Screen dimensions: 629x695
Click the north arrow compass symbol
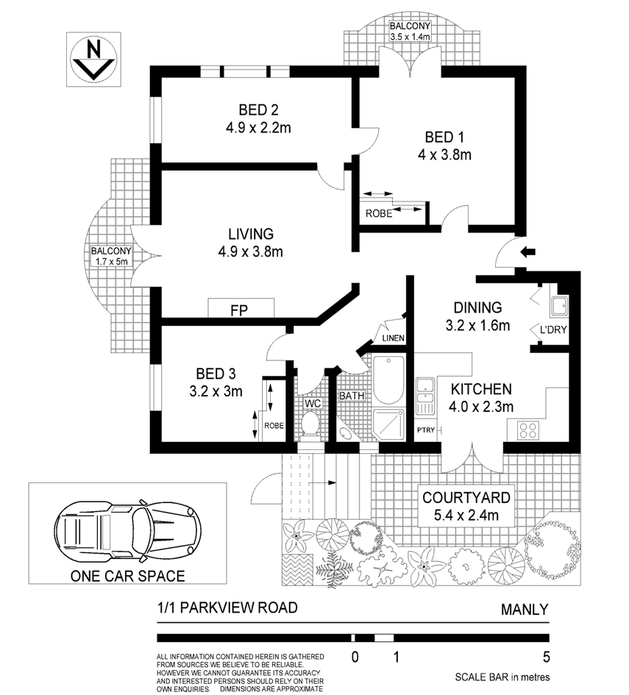coord(93,60)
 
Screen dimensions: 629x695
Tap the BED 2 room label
coord(258,110)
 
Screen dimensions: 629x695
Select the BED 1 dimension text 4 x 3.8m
coord(444,154)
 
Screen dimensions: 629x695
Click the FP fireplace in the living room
coord(241,308)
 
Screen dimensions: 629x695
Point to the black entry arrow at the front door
coord(528,252)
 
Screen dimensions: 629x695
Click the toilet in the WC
coord(310,424)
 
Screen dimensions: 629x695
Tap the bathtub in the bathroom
coord(388,379)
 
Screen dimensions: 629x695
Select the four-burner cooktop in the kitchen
coord(528,430)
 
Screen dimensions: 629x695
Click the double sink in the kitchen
coord(425,396)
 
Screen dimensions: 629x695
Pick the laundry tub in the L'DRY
coord(559,306)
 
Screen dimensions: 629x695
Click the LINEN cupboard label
coord(393,338)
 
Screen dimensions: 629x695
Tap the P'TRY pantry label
coord(426,430)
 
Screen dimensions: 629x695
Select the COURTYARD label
coord(466,497)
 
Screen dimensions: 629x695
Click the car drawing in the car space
coord(128,530)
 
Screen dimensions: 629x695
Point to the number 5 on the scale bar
coord(546,657)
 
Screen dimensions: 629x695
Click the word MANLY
coord(525,610)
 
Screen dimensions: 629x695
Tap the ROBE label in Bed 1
coord(379,213)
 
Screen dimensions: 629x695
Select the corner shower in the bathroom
coord(388,424)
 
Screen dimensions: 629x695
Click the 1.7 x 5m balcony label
coord(112,262)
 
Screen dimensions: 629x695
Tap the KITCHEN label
coord(481,389)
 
